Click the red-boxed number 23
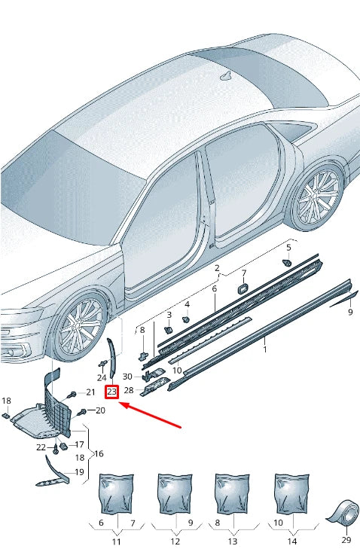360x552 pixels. (112, 392)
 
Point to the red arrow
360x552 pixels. (150, 415)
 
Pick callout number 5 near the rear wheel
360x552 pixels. (288, 247)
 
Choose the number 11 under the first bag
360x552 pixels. (116, 541)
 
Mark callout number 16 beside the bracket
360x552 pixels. (99, 454)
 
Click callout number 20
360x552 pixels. (101, 410)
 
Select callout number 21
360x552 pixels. (90, 392)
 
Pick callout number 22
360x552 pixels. (41, 447)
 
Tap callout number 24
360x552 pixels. (102, 377)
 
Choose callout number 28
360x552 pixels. (128, 390)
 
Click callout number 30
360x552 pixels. (128, 376)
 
